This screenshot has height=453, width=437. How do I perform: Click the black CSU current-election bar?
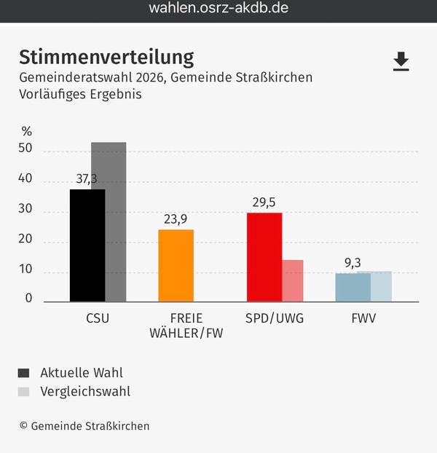87,245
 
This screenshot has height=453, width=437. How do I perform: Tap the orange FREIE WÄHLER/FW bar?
176,266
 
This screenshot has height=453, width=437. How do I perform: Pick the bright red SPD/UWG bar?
264,257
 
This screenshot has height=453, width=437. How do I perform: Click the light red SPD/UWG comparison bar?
293,280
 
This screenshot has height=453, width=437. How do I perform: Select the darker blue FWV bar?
353,287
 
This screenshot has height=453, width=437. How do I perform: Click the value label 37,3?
87,179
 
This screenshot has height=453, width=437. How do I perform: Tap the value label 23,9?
176,219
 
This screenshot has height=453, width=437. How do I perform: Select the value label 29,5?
264,202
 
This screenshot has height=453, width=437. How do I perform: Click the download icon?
401,62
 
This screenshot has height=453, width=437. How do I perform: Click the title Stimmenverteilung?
106,57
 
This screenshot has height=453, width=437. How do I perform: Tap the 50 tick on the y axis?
25,149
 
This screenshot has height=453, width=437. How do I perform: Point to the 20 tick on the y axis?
25,239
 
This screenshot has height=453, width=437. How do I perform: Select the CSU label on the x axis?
98,318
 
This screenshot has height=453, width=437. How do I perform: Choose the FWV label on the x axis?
363,318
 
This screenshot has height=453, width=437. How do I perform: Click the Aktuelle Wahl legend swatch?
24,373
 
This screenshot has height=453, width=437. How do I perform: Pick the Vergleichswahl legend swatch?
24,392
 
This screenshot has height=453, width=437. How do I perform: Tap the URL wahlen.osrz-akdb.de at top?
218,9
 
